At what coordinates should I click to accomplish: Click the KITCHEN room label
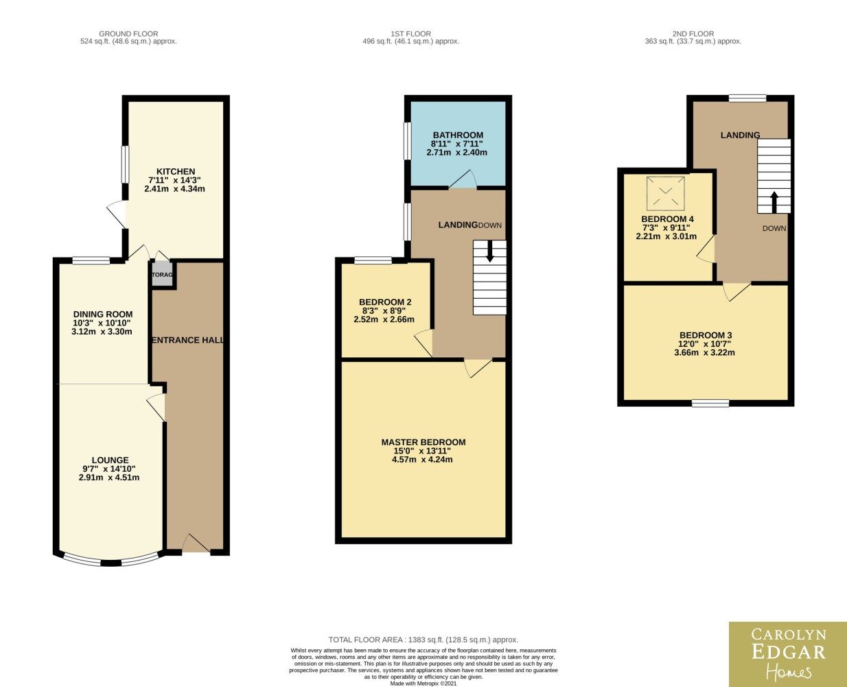176,172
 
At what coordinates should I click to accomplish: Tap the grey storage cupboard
162,274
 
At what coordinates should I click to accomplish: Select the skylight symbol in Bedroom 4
665,194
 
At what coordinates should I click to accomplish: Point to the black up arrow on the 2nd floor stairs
774,203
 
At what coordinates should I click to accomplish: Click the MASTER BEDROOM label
423,442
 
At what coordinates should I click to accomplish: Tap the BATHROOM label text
458,135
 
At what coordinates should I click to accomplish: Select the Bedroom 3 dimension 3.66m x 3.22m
705,352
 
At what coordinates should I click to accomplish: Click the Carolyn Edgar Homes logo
788,654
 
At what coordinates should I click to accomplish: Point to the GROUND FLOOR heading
128,34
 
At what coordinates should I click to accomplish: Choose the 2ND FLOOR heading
693,34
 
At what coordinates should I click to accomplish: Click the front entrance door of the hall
196,543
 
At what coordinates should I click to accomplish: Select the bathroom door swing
463,179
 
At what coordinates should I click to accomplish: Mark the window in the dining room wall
91,260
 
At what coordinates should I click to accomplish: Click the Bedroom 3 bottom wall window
710,403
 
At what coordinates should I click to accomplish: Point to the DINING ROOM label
102,315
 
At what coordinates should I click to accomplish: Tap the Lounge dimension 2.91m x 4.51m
109,477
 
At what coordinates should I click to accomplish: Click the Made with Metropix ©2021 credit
423,684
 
